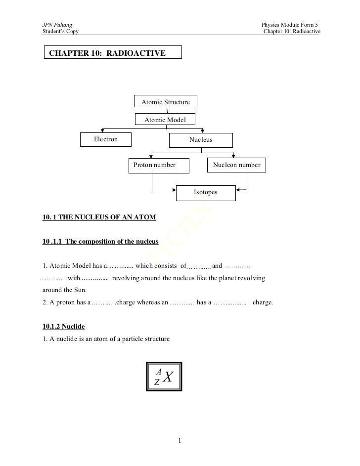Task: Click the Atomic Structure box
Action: tap(166, 102)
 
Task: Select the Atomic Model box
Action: tap(165, 120)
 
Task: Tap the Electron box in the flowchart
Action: tap(106, 139)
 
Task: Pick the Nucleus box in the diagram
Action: tap(201, 140)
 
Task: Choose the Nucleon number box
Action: tap(236, 165)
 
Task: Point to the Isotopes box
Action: tap(205, 192)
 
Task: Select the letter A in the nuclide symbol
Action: tap(158, 371)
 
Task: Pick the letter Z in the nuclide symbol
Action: tap(157, 382)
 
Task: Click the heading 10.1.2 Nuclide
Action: tap(64, 327)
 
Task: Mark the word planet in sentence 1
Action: tap(219, 278)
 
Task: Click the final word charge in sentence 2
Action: tap(263, 301)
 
